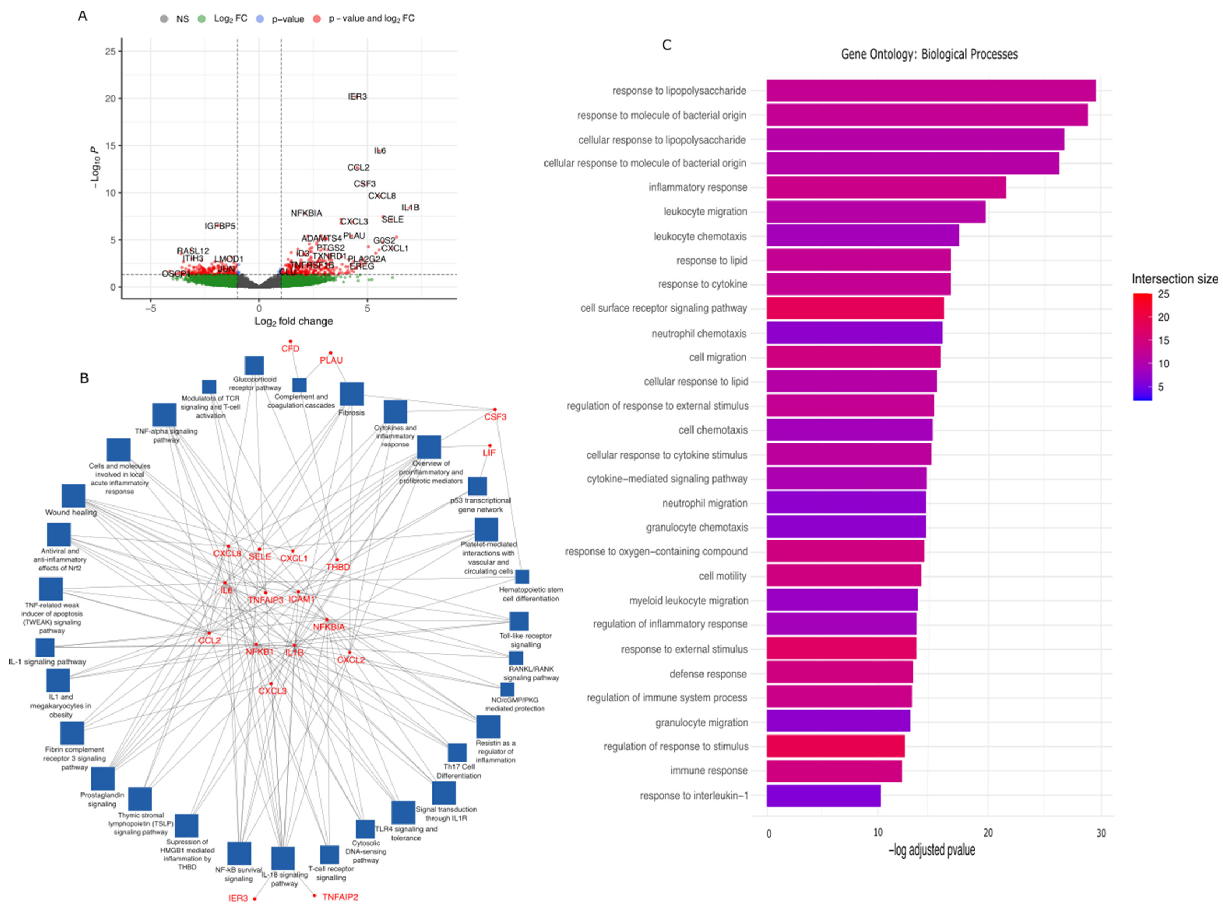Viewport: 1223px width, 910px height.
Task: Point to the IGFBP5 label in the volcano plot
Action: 220,226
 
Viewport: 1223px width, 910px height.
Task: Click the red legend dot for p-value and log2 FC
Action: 317,19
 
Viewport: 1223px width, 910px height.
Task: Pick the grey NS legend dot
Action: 164,19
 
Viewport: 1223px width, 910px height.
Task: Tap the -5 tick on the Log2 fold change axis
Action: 150,309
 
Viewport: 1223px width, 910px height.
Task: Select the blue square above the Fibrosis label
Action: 351,394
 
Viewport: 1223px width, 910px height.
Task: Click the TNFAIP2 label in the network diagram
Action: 340,897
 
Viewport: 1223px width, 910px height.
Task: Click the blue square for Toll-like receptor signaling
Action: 519,621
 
